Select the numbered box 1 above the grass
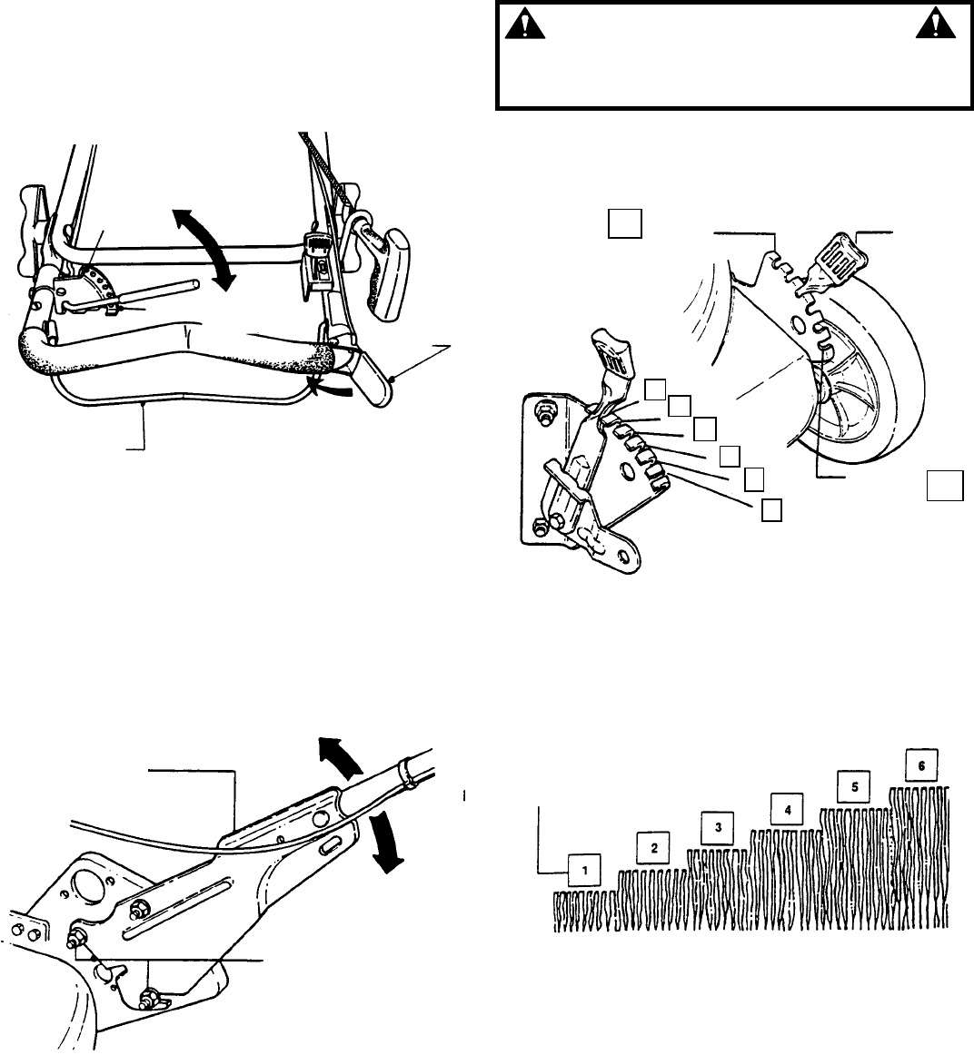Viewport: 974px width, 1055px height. click(x=586, y=870)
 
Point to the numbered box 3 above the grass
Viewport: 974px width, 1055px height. click(x=718, y=826)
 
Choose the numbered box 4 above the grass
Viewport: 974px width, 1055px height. click(x=788, y=806)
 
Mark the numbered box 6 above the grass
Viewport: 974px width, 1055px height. click(x=922, y=764)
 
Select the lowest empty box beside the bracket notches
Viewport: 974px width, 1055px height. click(x=770, y=510)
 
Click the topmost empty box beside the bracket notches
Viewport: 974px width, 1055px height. click(x=655, y=389)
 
